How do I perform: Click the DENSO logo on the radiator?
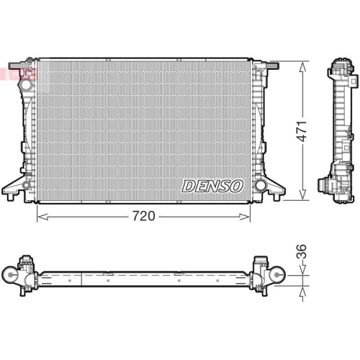tap(212, 186)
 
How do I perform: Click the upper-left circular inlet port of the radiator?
tap(27, 85)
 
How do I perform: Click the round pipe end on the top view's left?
tap(10, 276)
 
